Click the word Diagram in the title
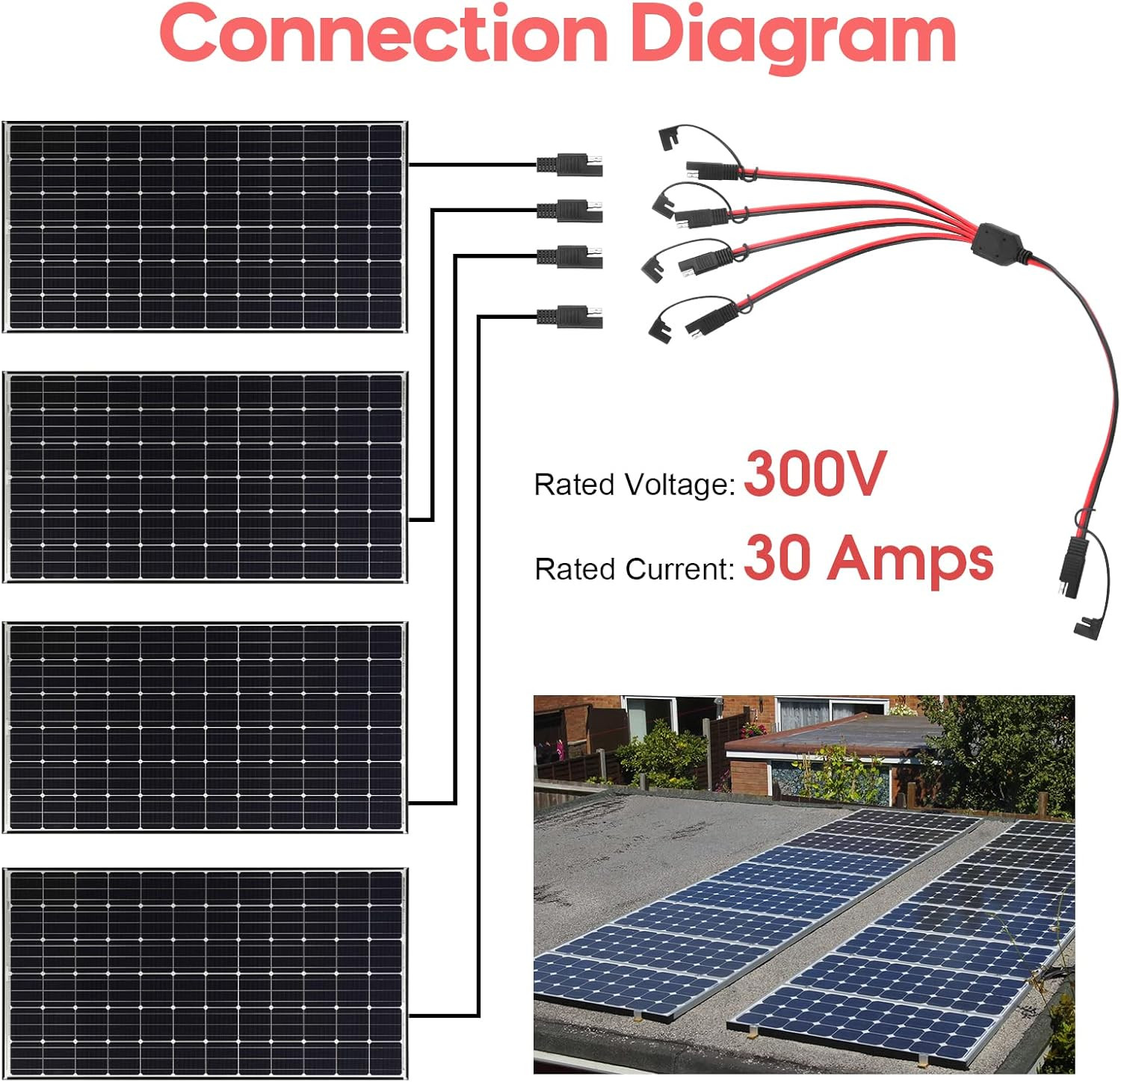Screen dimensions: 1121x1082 (794, 37)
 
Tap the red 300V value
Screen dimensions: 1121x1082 (815, 473)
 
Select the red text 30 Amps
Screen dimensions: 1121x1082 (868, 559)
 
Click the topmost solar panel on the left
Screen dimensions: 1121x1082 (206, 226)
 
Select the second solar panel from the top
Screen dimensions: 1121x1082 (206, 476)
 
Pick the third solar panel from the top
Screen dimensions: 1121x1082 (206, 727)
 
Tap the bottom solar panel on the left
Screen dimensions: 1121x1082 (206, 973)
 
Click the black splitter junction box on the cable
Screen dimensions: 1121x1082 (998, 240)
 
